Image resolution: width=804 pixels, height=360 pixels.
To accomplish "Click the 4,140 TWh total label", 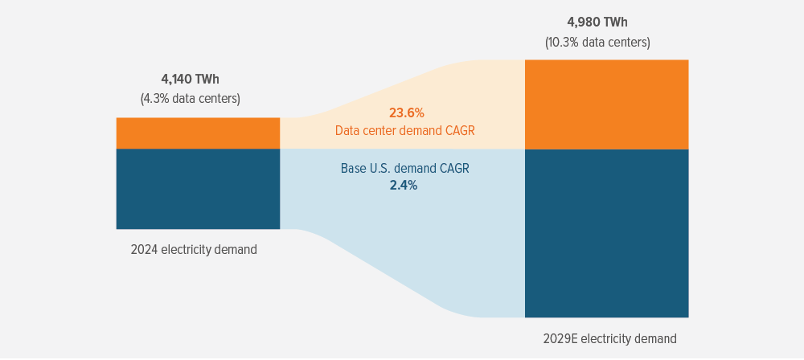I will (190, 79).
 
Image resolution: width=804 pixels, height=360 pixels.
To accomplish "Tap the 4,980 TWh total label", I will (597, 22).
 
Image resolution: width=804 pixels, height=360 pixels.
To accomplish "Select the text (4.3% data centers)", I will (190, 99).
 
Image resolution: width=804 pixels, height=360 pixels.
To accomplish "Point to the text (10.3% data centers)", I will (597, 42).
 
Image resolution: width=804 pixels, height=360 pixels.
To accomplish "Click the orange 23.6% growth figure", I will (406, 112).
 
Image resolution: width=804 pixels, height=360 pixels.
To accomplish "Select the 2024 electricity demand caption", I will (194, 249).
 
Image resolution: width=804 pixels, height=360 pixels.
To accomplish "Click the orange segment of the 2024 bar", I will (198, 133).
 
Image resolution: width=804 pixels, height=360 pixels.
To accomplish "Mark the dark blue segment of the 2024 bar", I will (198, 189).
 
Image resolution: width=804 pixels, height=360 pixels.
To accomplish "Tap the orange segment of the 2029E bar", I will (606, 104).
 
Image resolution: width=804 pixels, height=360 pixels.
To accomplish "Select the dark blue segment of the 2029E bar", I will (606, 233).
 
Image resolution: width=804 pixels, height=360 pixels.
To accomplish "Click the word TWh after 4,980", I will (615, 22).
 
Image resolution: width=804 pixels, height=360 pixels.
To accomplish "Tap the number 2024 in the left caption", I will (145, 249).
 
